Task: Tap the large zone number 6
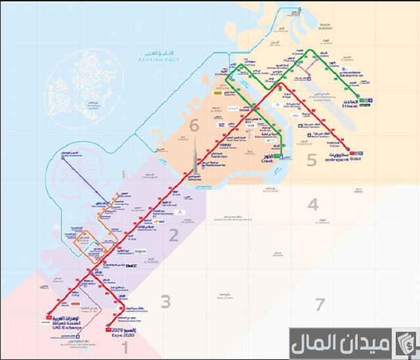pyautogui.click(x=194, y=125)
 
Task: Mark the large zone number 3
pyautogui.click(x=166, y=302)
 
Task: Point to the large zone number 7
pyautogui.click(x=320, y=304)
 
